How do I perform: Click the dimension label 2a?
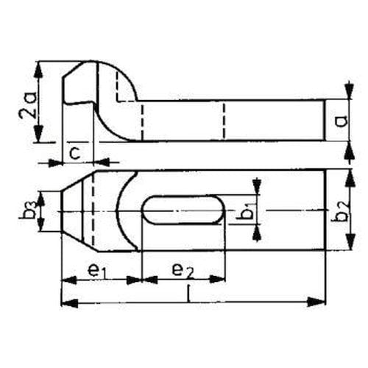click(27, 105)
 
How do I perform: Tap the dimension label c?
click(74, 154)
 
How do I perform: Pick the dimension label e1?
click(97, 271)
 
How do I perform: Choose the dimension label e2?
click(183, 271)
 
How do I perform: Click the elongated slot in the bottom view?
click(183, 210)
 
